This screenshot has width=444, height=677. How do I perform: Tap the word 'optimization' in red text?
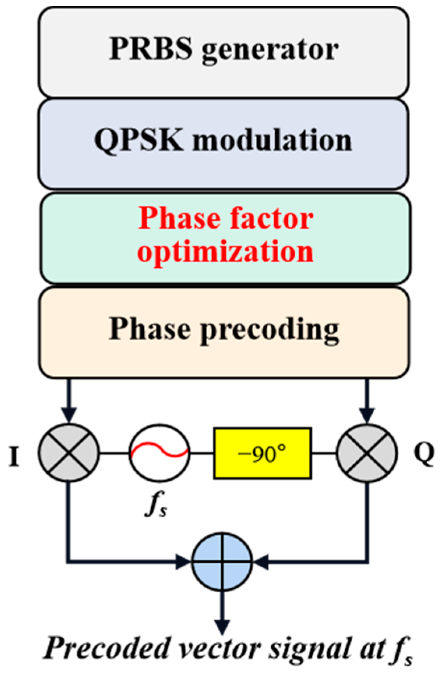pyautogui.click(x=225, y=252)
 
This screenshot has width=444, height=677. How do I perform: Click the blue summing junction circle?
pyautogui.click(x=222, y=562)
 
